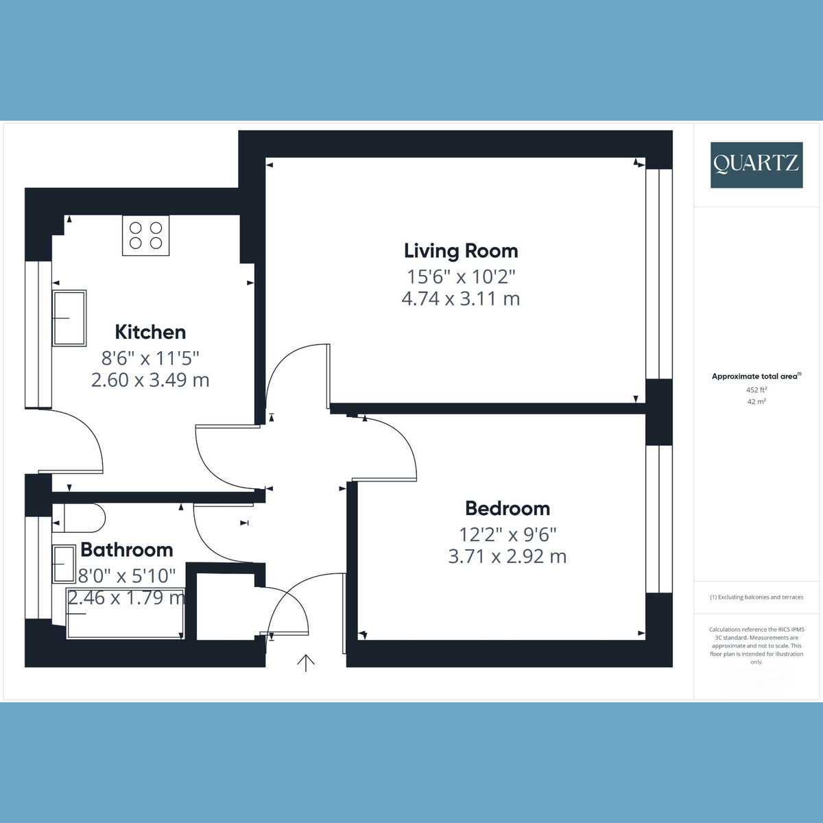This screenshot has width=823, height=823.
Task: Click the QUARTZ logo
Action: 756,165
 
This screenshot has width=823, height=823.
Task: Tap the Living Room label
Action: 461,251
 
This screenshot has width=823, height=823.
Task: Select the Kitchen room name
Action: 150,332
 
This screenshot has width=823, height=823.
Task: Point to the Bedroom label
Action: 508,508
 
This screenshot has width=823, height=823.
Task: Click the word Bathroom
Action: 127,549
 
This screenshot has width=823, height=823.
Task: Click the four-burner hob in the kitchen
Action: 145,235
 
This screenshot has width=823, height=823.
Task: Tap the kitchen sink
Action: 69,318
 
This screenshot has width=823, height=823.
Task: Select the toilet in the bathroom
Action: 79,518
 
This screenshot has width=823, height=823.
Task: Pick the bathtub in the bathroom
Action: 125,613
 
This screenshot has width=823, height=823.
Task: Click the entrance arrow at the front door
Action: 306,663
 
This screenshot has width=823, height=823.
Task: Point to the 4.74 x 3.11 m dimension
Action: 461,298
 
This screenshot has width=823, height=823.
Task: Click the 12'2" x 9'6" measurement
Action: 508,534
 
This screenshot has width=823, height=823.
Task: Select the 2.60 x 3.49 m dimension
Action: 150,380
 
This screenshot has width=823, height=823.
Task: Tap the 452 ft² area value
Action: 756,390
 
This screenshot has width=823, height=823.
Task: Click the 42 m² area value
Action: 756,401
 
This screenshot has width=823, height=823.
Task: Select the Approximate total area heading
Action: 756,377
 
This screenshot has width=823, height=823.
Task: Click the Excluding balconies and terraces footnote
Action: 756,597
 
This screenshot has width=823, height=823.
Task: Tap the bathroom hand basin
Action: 64,564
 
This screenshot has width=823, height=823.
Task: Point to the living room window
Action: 659,274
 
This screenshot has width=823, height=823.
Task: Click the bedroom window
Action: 659,519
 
